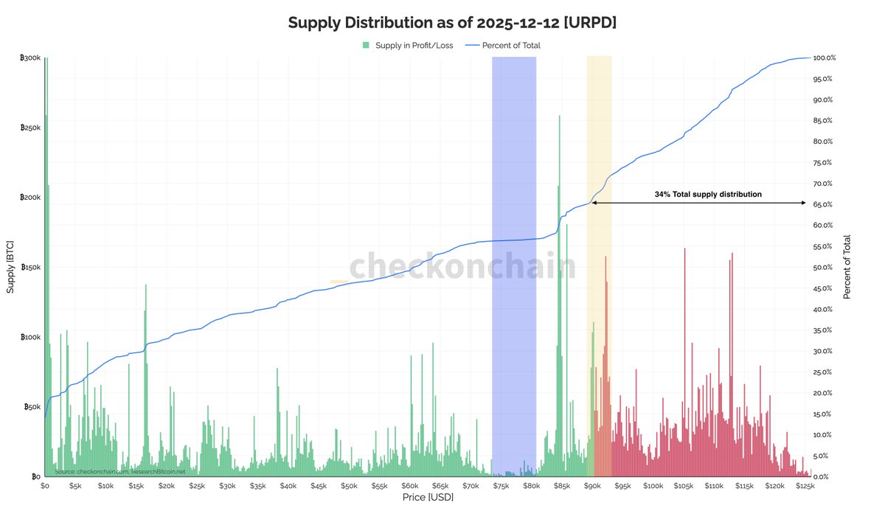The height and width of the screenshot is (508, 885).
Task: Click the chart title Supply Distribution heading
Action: pyautogui.click(x=451, y=22)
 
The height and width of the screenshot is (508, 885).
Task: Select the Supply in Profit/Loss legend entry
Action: pyautogui.click(x=407, y=46)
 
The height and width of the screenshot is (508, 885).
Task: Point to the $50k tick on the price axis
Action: pyautogui.click(x=349, y=487)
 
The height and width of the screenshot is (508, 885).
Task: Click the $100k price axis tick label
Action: pyautogui.click(x=653, y=487)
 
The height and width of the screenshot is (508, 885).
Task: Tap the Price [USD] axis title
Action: pyautogui.click(x=428, y=498)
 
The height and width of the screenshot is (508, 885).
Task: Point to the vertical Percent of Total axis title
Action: pyautogui.click(x=847, y=267)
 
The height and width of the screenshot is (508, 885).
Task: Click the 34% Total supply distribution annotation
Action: pyautogui.click(x=708, y=195)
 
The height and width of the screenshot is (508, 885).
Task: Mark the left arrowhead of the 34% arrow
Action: pyautogui.click(x=594, y=203)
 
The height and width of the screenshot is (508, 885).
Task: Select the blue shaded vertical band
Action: pyautogui.click(x=514, y=265)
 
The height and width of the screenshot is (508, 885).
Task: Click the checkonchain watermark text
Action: pyautogui.click(x=462, y=267)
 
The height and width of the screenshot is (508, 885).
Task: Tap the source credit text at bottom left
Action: pyautogui.click(x=119, y=471)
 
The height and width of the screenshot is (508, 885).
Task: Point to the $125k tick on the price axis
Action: pyautogui.click(x=805, y=487)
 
